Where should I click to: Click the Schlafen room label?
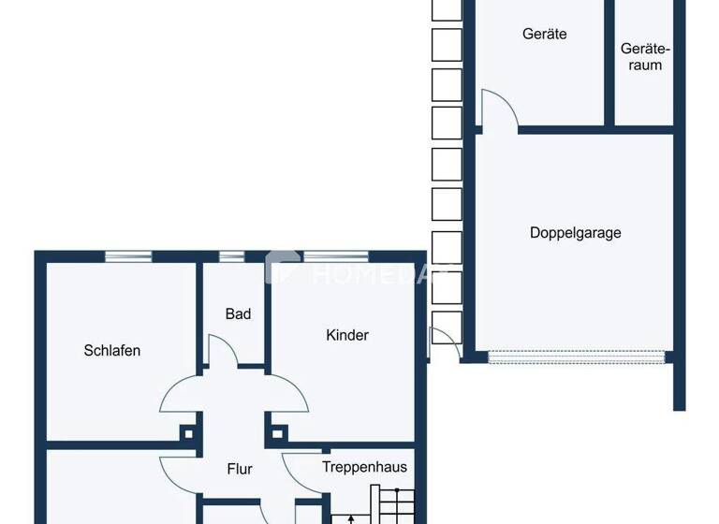(x=112, y=351)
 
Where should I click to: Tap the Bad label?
(x=238, y=314)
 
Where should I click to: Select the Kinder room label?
(x=347, y=335)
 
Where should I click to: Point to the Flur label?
(x=240, y=470)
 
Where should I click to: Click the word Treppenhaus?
(x=364, y=466)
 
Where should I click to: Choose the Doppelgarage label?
(x=575, y=233)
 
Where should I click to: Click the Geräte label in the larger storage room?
(x=544, y=35)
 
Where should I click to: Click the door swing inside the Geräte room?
(x=498, y=107)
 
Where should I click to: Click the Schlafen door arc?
(x=179, y=394)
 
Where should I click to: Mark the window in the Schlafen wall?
(x=128, y=255)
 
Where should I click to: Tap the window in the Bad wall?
(x=231, y=255)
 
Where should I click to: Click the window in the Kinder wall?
(x=335, y=255)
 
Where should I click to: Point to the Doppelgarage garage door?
(x=575, y=357)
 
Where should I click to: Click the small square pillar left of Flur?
(x=189, y=433)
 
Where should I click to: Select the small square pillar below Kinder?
(x=277, y=433)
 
